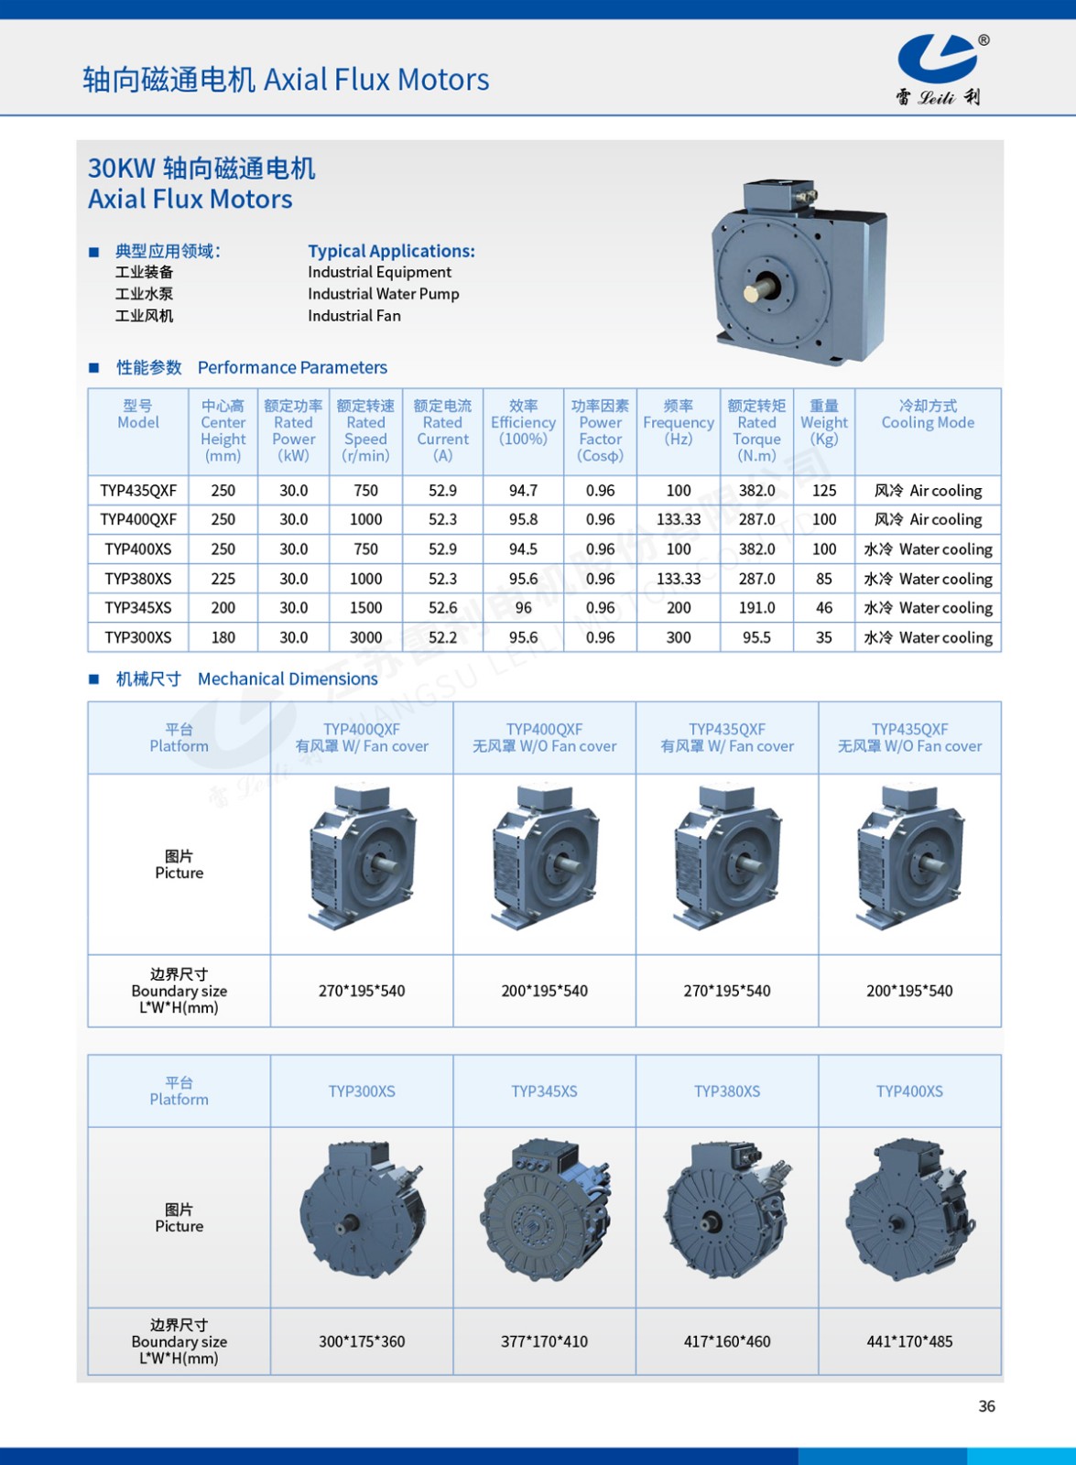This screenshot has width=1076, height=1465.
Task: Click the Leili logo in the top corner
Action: (x=940, y=69)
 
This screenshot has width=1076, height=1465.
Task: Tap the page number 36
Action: (x=986, y=1406)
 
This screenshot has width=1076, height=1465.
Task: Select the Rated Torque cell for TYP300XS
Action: (x=756, y=637)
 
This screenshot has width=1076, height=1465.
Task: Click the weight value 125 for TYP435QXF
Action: (x=824, y=491)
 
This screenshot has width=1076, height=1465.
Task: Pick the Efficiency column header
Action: (x=523, y=422)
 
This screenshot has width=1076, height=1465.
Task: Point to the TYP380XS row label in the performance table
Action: (x=138, y=579)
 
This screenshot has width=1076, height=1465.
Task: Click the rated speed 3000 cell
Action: (x=365, y=637)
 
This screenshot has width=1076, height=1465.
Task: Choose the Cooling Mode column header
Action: (x=928, y=414)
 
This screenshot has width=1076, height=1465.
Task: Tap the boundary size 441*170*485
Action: (x=909, y=1341)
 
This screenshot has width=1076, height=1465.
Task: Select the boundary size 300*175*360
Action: (x=362, y=1341)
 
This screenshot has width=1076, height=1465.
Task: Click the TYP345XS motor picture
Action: (x=545, y=1210)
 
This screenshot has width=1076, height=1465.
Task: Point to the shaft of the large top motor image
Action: (x=756, y=291)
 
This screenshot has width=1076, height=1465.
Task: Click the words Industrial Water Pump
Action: (x=383, y=294)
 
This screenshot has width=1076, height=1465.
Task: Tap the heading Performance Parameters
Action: (x=292, y=367)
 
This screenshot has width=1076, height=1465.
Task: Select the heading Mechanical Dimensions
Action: (x=288, y=678)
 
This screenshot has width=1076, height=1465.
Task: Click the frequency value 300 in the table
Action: (x=679, y=637)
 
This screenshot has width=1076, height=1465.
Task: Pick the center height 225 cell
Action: (x=223, y=579)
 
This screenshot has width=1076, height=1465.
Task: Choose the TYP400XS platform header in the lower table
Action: (x=909, y=1091)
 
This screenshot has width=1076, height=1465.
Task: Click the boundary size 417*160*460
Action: (x=727, y=1341)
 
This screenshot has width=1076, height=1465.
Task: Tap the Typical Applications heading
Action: (x=391, y=251)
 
